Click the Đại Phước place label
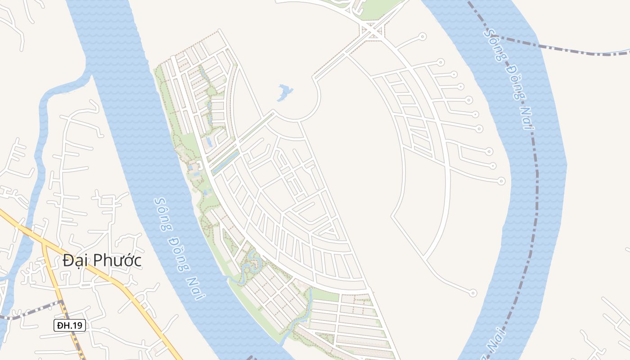tap(102, 261)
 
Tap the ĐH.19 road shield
tap(70, 325)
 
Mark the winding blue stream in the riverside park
tap(250, 265)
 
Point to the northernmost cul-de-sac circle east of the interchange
tap(422, 36)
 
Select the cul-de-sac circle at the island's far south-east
tap(472, 293)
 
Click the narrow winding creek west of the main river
tap(43, 135)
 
